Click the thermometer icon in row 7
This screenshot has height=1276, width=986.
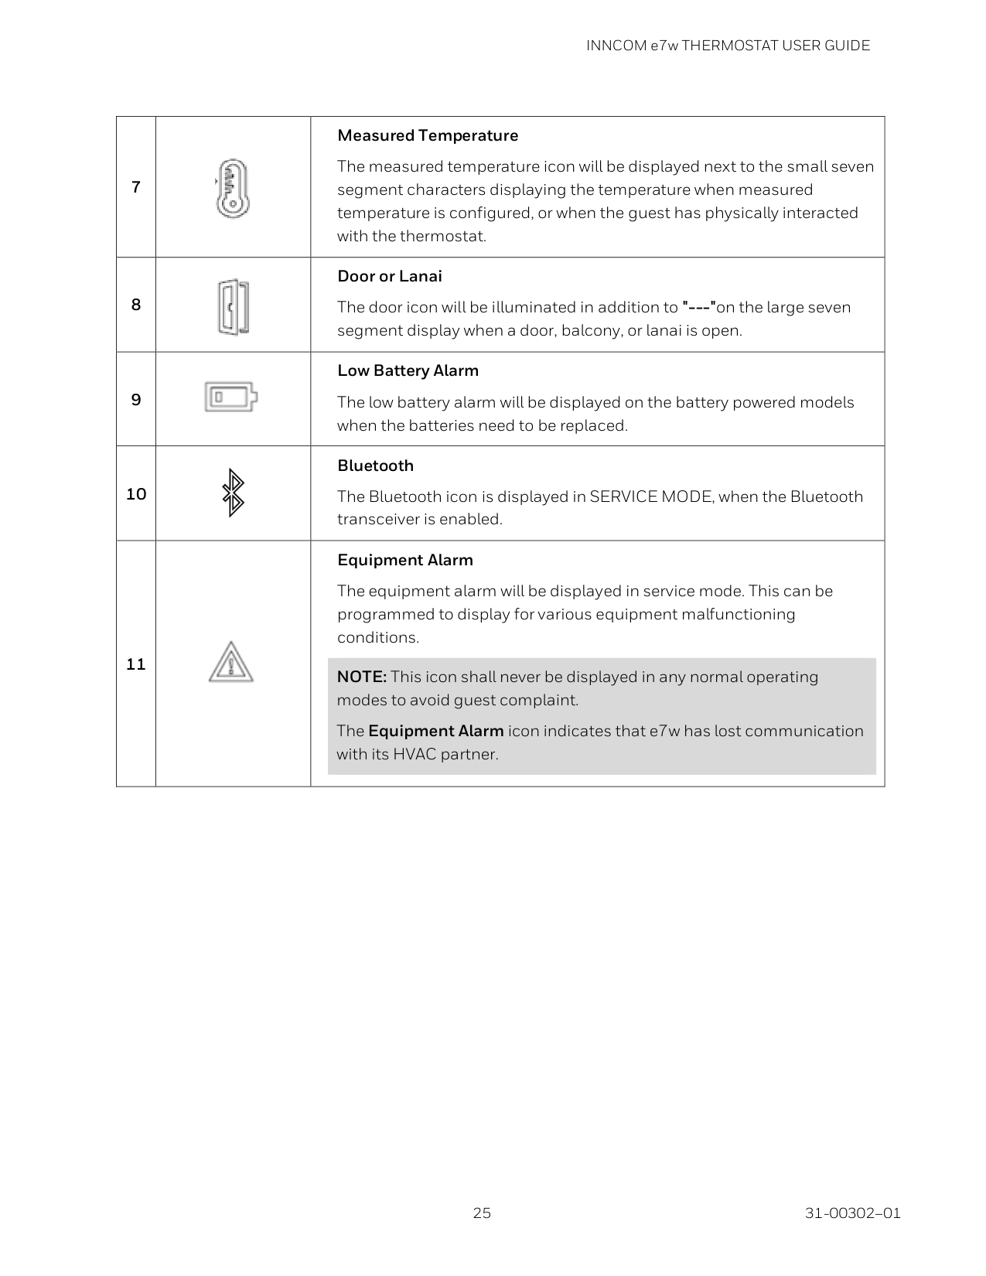pyautogui.click(x=233, y=188)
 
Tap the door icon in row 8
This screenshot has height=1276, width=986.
pyautogui.click(x=233, y=307)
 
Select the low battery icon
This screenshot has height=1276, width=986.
pyautogui.click(x=230, y=397)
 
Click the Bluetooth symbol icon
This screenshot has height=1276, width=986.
pyautogui.click(x=233, y=494)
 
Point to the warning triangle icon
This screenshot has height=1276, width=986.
pyautogui.click(x=230, y=663)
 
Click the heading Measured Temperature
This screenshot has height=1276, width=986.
pyautogui.click(x=428, y=136)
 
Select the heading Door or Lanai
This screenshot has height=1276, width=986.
pyautogui.click(x=390, y=277)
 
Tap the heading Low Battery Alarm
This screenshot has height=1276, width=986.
pyautogui.click(x=408, y=371)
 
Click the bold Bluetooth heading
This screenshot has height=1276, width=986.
pyautogui.click(x=375, y=466)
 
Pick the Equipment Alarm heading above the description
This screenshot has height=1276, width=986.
pyautogui.click(x=404, y=560)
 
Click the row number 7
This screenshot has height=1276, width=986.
pyautogui.click(x=136, y=187)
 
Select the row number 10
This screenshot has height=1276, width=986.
pyautogui.click(x=136, y=494)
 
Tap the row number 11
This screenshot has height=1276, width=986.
pyautogui.click(x=136, y=664)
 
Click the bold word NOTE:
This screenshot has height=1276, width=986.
pyautogui.click(x=362, y=677)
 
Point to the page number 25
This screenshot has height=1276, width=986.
pyautogui.click(x=482, y=1213)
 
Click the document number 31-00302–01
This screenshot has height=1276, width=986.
pyautogui.click(x=852, y=1213)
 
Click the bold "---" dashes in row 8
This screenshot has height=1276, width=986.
pyautogui.click(x=698, y=307)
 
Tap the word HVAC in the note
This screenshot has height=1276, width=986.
pyautogui.click(x=415, y=754)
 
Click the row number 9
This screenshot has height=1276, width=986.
pyautogui.click(x=136, y=400)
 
